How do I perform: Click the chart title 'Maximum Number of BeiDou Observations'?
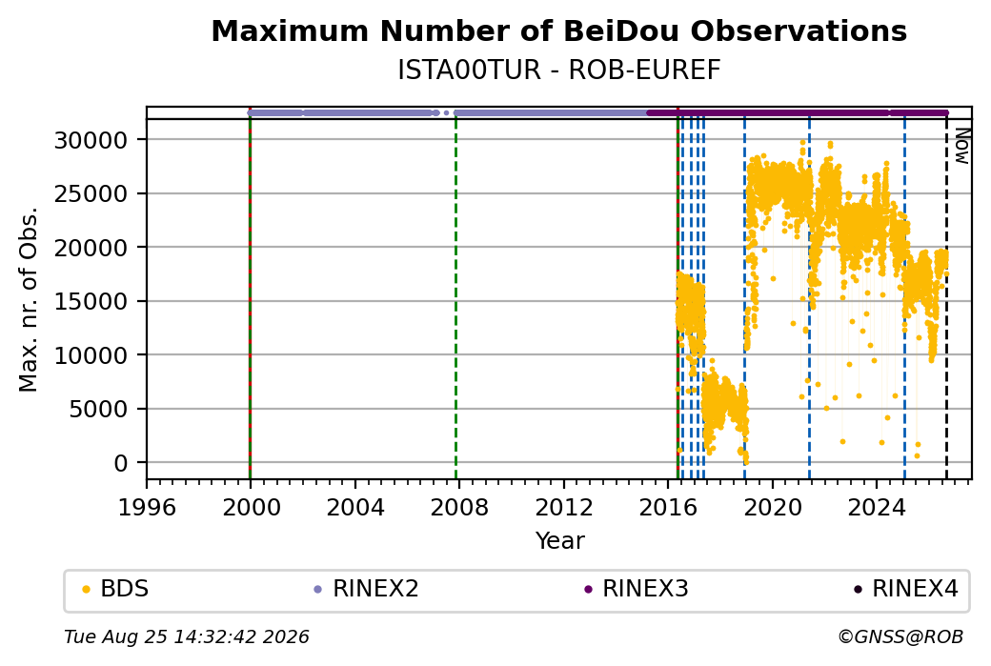[558, 30]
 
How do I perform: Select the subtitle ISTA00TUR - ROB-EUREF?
[558, 71]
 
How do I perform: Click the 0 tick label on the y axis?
[121, 463]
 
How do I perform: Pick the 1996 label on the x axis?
[147, 508]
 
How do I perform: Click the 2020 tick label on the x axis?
[773, 508]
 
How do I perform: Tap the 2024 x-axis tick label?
[877, 508]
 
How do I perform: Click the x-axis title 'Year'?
[560, 541]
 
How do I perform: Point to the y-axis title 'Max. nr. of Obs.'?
[29, 299]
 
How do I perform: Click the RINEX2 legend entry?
[366, 589]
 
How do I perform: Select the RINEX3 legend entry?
[636, 589]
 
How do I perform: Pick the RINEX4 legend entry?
[905, 589]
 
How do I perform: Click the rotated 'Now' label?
[961, 146]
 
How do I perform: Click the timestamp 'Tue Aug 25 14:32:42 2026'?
[187, 636]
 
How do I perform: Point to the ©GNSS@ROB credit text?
[900, 636]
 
